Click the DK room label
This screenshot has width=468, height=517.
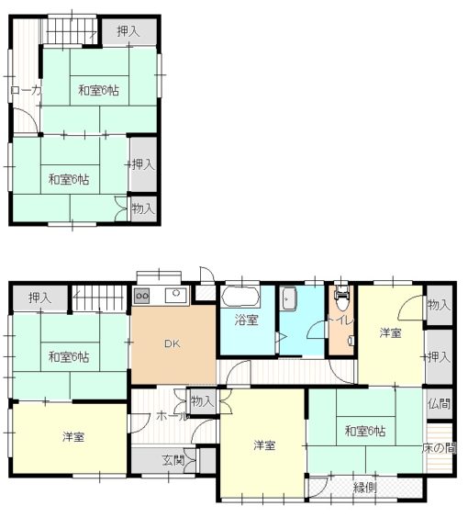click(172, 343)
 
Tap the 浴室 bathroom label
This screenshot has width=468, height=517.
click(246, 320)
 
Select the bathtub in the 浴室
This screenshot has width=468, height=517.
click(240, 297)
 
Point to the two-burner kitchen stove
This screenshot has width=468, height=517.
click(142, 296)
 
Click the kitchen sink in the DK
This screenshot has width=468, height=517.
click(176, 295)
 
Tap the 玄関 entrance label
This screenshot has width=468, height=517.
click(173, 460)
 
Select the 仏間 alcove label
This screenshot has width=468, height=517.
click(439, 403)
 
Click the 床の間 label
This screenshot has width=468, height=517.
click(440, 448)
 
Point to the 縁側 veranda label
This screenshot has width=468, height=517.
click(364, 488)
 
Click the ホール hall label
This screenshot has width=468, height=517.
click(172, 416)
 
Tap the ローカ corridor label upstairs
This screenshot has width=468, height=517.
click(26, 90)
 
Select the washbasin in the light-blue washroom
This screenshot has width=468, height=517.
click(289, 298)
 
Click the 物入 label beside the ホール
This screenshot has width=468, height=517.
click(203, 401)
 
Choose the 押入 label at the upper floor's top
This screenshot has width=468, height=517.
click(128, 31)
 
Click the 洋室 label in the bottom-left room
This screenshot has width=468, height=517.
click(73, 437)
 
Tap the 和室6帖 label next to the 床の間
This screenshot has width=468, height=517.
click(365, 431)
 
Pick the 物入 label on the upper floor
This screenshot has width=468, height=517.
click(143, 208)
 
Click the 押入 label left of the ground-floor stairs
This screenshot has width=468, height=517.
click(39, 298)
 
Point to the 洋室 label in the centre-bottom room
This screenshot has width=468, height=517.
click(264, 445)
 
